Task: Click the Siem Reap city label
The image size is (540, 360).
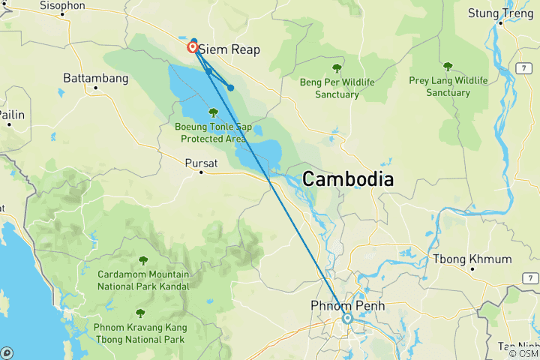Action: pos(229,49)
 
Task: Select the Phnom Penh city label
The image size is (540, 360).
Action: pos(347,305)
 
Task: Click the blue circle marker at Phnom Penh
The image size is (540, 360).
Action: pos(348,318)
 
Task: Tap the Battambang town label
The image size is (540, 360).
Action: pos(95,77)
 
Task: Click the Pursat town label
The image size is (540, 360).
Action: pos(201,161)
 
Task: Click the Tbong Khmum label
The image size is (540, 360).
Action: pos(472,259)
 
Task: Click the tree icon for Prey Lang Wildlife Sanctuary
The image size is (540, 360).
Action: pos(448,66)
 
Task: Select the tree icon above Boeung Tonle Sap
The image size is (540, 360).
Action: pos(213,112)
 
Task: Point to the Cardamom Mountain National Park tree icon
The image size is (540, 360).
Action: pos(142,260)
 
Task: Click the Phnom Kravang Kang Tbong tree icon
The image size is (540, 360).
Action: pos(139,313)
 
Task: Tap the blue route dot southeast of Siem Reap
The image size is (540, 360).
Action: pos(231,88)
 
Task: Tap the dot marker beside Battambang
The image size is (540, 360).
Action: pos(95,88)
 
